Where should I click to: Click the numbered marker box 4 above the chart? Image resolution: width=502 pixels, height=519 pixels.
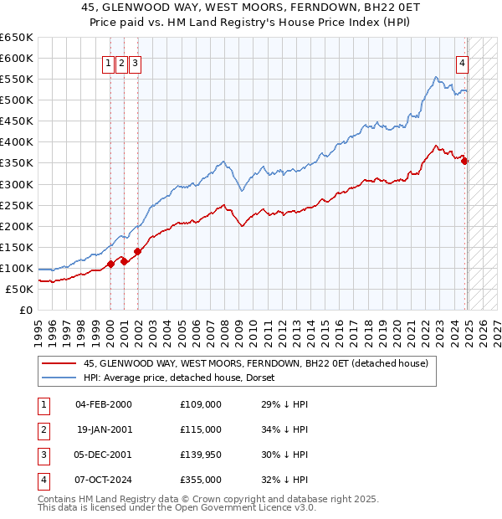(x=462, y=61)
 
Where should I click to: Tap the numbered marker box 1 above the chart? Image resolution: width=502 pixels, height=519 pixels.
(x=109, y=61)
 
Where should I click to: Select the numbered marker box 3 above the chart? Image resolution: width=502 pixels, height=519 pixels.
(x=136, y=61)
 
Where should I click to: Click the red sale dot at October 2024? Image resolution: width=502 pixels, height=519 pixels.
(x=465, y=162)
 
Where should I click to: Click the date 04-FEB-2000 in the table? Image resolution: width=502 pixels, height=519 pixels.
(x=104, y=403)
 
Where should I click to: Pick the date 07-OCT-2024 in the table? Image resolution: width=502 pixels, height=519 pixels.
(x=104, y=480)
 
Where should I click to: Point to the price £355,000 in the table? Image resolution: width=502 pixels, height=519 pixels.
(x=201, y=480)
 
